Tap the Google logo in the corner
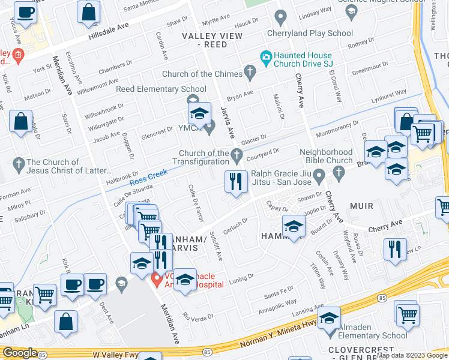coord(20,352)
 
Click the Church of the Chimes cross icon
coord(250,73)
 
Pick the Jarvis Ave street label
coord(226,119)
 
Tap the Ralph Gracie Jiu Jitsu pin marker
coord(319,175)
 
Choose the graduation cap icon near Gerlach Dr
coord(294,227)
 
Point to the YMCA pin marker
coord(209,127)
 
